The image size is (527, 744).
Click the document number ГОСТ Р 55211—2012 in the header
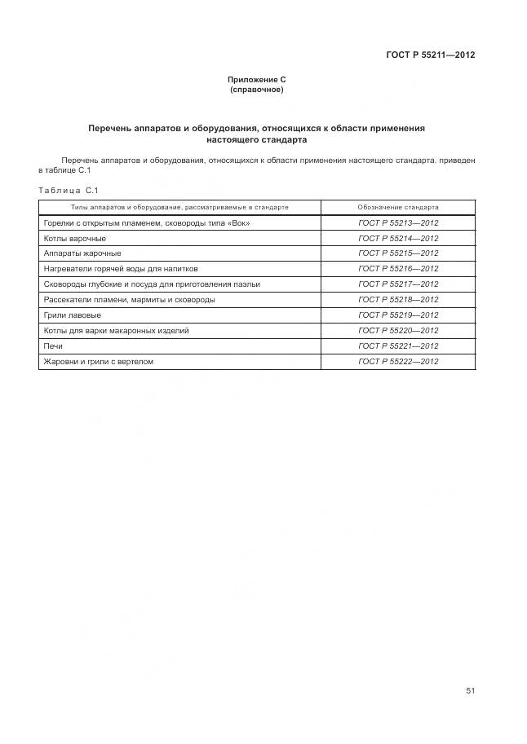click(430, 55)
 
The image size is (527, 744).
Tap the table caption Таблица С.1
click(68, 191)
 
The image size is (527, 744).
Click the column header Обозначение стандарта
click(398, 208)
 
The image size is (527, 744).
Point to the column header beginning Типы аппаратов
click(179, 208)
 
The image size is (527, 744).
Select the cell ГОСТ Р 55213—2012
click(398, 223)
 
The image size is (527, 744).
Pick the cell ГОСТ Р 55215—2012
click(398, 253)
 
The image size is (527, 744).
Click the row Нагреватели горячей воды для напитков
click(120, 269)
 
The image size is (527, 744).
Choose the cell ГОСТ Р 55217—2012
click(398, 284)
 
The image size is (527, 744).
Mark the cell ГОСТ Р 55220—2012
click(398, 331)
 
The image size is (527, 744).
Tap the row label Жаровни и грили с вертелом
click(98, 362)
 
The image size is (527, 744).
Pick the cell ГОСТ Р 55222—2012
click(398, 362)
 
